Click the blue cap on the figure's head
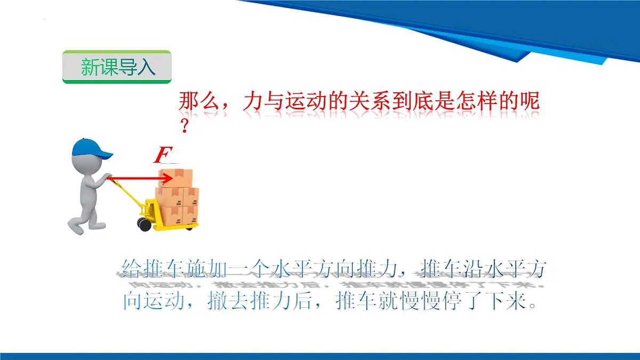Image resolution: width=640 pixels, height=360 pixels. coord(91,148)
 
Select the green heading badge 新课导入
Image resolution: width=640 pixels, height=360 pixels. coord(117,67)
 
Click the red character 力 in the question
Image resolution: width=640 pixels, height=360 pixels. coord(252,101)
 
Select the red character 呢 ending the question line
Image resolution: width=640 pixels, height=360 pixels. coord(529,101)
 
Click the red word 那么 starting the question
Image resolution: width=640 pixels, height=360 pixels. coord(197,101)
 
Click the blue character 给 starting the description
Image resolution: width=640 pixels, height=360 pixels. coord(132,269)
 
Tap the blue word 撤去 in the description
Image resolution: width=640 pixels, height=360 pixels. coord(228,302)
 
